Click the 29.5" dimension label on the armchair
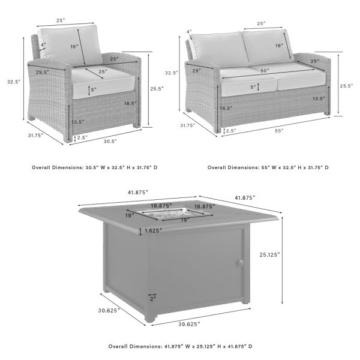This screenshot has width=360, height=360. (x=43, y=73)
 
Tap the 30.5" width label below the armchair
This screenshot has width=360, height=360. (x=109, y=141)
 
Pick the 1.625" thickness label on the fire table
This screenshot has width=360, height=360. (x=154, y=230)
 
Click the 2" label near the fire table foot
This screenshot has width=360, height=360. (x=153, y=298)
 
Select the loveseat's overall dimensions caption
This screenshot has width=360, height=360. (x=268, y=168)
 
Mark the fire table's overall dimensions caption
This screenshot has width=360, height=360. (x=180, y=346)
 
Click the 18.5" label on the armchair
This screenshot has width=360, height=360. (x=129, y=103)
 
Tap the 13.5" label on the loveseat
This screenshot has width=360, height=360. (x=319, y=98)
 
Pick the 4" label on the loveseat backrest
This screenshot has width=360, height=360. (x=188, y=32)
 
